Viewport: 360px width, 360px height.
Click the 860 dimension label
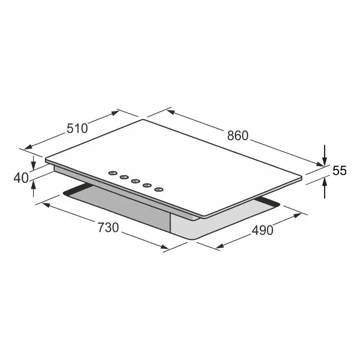(x=238, y=135)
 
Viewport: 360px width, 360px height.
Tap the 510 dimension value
(x=77, y=128)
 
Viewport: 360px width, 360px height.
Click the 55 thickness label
(x=339, y=171)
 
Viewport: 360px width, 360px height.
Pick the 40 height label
(x=20, y=178)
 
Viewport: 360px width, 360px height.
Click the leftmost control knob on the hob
(x=112, y=173)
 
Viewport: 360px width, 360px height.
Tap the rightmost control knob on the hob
(x=159, y=189)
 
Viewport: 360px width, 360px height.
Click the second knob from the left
(x=124, y=177)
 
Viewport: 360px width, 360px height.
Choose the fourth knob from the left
(x=147, y=186)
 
